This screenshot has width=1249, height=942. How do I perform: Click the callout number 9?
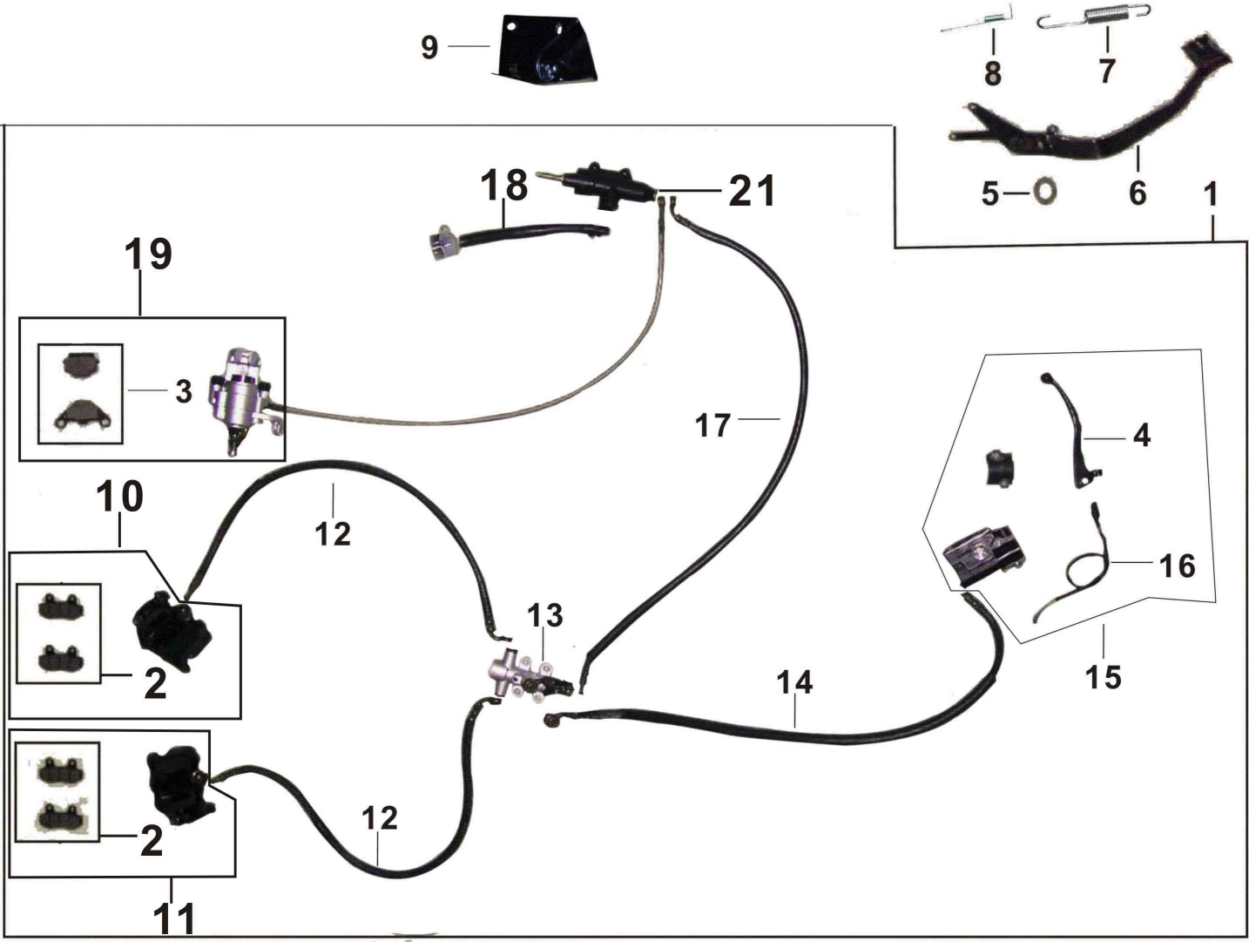click(x=429, y=46)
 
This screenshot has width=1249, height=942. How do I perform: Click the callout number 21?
click(x=752, y=190)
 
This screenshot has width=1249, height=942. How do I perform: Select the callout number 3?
click(x=183, y=391)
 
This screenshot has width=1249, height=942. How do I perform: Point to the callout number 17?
click(x=712, y=425)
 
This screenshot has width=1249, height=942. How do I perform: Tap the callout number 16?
click(x=1177, y=566)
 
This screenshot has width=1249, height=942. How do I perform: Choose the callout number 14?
click(x=794, y=682)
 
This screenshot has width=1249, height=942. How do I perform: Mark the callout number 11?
click(x=174, y=918)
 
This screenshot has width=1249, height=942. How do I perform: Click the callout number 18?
click(x=504, y=185)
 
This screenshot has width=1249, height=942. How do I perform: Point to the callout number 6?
click(x=1138, y=192)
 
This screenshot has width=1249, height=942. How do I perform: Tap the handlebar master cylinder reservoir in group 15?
click(x=984, y=553)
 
